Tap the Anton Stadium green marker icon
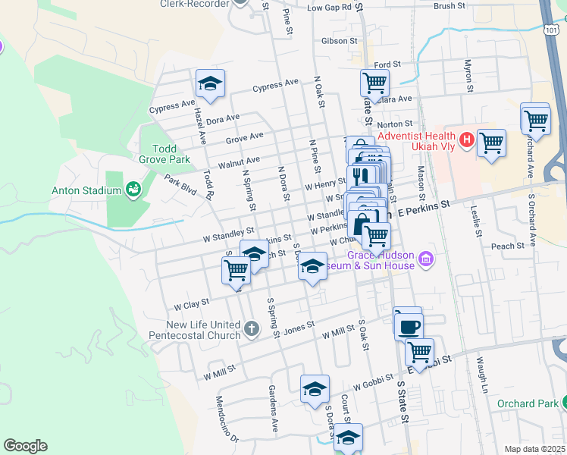point(133,188)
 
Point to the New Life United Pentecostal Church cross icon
point(252,328)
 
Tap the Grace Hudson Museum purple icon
point(425,260)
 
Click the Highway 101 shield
point(553,29)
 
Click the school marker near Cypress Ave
point(210,84)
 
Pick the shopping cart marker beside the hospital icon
point(491,142)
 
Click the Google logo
point(25,446)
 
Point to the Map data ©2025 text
point(534,449)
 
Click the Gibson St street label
point(339,40)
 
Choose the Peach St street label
point(507,246)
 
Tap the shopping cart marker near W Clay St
point(236,269)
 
